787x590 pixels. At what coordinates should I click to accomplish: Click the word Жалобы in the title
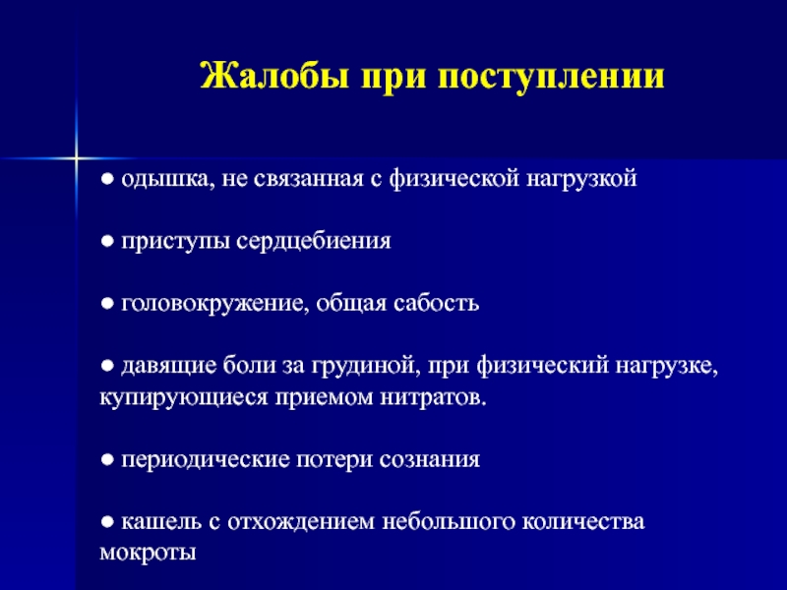coord(274,76)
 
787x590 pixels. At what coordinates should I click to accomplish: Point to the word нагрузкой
coord(581,180)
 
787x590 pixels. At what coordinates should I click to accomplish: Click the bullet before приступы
coord(107,242)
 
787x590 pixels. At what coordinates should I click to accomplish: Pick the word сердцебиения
coord(313,242)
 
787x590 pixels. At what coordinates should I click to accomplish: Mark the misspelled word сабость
coord(436,303)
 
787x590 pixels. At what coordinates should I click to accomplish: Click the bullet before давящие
coord(107,366)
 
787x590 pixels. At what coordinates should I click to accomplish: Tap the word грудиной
coord(365,366)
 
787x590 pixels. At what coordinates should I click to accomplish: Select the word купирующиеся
coord(183,398)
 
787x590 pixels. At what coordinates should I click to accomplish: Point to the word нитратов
coord(433,398)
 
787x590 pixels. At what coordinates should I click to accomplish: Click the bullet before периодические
coord(107,459)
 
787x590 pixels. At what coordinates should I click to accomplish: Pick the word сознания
coord(429,460)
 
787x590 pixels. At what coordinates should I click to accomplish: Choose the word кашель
coord(160,522)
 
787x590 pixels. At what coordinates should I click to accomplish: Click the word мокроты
coord(148,554)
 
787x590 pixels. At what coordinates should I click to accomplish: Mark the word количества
coord(582,522)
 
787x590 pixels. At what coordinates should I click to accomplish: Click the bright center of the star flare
coord(76,158)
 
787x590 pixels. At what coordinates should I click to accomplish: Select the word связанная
coord(308,179)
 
